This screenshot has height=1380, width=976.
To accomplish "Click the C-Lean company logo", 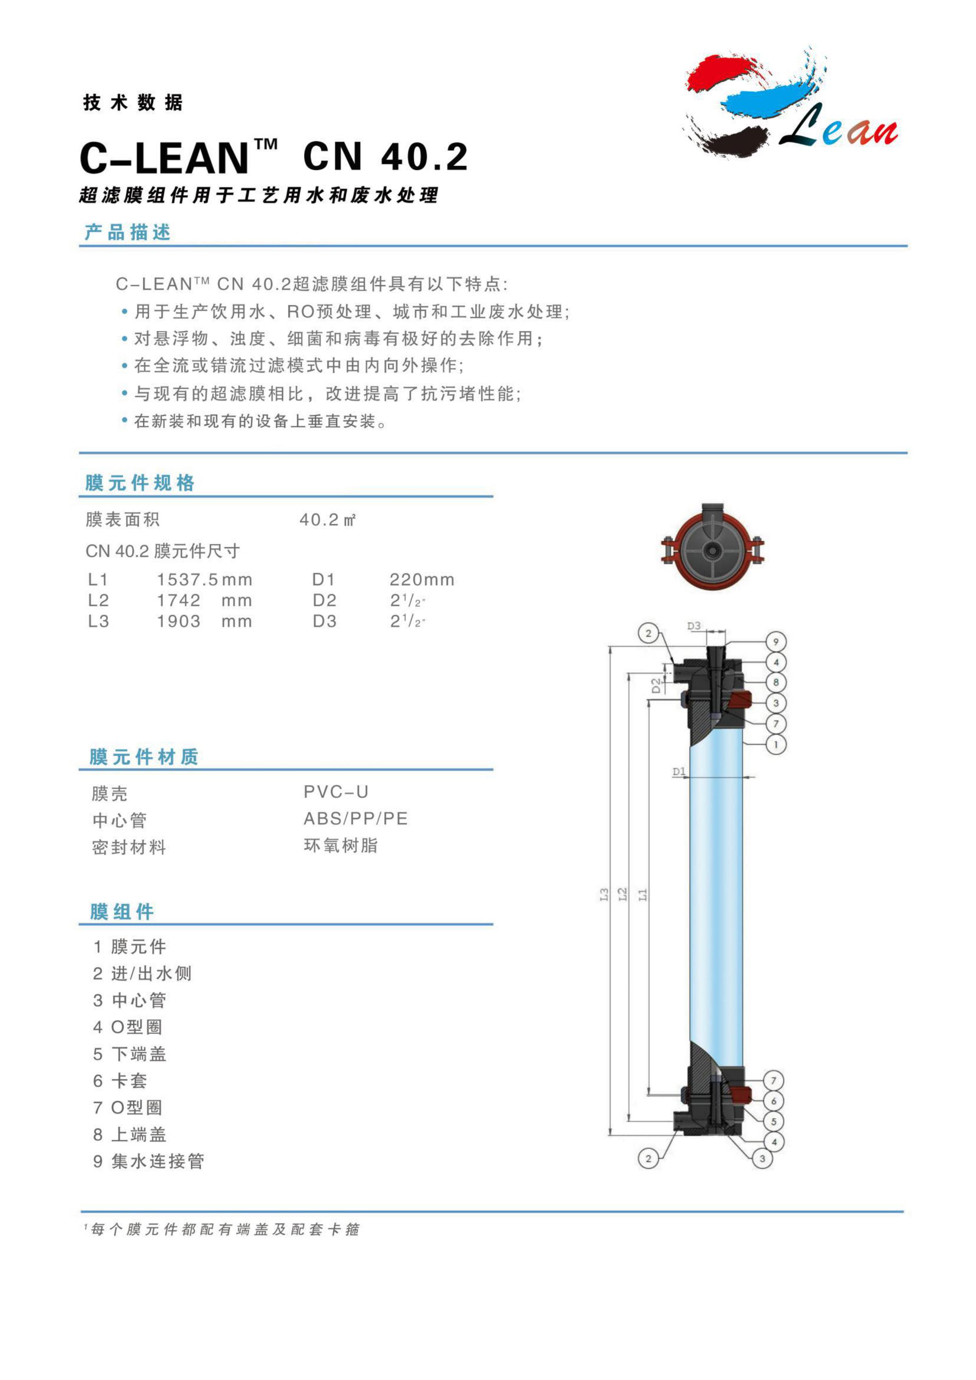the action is tap(790, 102).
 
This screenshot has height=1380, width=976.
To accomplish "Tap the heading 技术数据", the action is tap(133, 103).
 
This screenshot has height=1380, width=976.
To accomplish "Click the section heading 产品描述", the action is tap(127, 232).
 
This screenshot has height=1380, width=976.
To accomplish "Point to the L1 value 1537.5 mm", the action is tap(204, 579).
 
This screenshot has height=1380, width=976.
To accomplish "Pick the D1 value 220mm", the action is tap(422, 579).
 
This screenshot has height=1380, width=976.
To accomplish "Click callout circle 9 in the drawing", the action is tap(776, 642).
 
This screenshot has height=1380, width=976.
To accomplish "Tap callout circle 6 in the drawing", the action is tap(773, 1101).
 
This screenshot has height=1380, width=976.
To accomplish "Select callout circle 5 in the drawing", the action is tap(773, 1122).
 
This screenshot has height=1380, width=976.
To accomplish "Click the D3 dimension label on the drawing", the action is tap(694, 626).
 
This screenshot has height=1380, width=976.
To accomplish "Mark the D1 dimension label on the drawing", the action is tap(679, 771).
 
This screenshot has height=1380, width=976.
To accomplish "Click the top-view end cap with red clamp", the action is tap(713, 546).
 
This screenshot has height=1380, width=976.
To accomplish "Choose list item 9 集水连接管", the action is tap(148, 1162).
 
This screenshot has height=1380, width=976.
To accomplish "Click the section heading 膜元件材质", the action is tap(144, 757).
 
